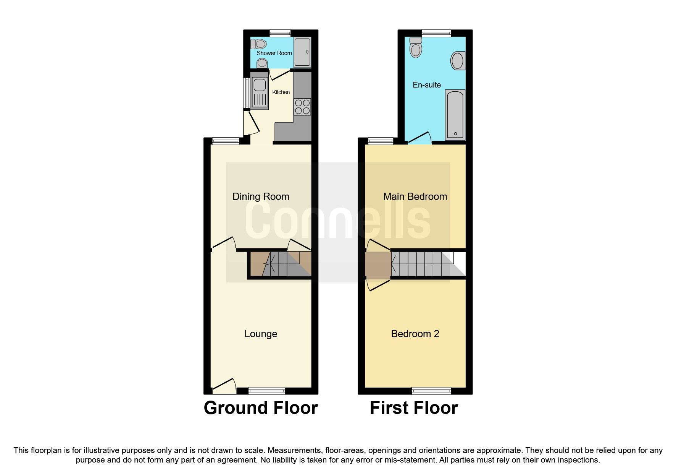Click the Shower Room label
pos(274,53)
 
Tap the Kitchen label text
pos(281,92)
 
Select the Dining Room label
pos(261,196)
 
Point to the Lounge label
pos(261,334)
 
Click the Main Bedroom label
pos(415,196)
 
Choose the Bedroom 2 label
pos(415,334)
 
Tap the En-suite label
pos(427,85)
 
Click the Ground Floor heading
pos(261,408)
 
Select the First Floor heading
pos(414,408)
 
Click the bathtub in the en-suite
pos(455,115)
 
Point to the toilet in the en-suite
pos(416,47)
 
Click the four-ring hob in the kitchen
pos(302,107)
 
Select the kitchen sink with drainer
pos(260,93)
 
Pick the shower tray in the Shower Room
pos(302,52)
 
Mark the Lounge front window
pos(266,391)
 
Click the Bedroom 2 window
pos(431,391)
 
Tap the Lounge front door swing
pos(224,386)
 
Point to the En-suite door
pos(420,138)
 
